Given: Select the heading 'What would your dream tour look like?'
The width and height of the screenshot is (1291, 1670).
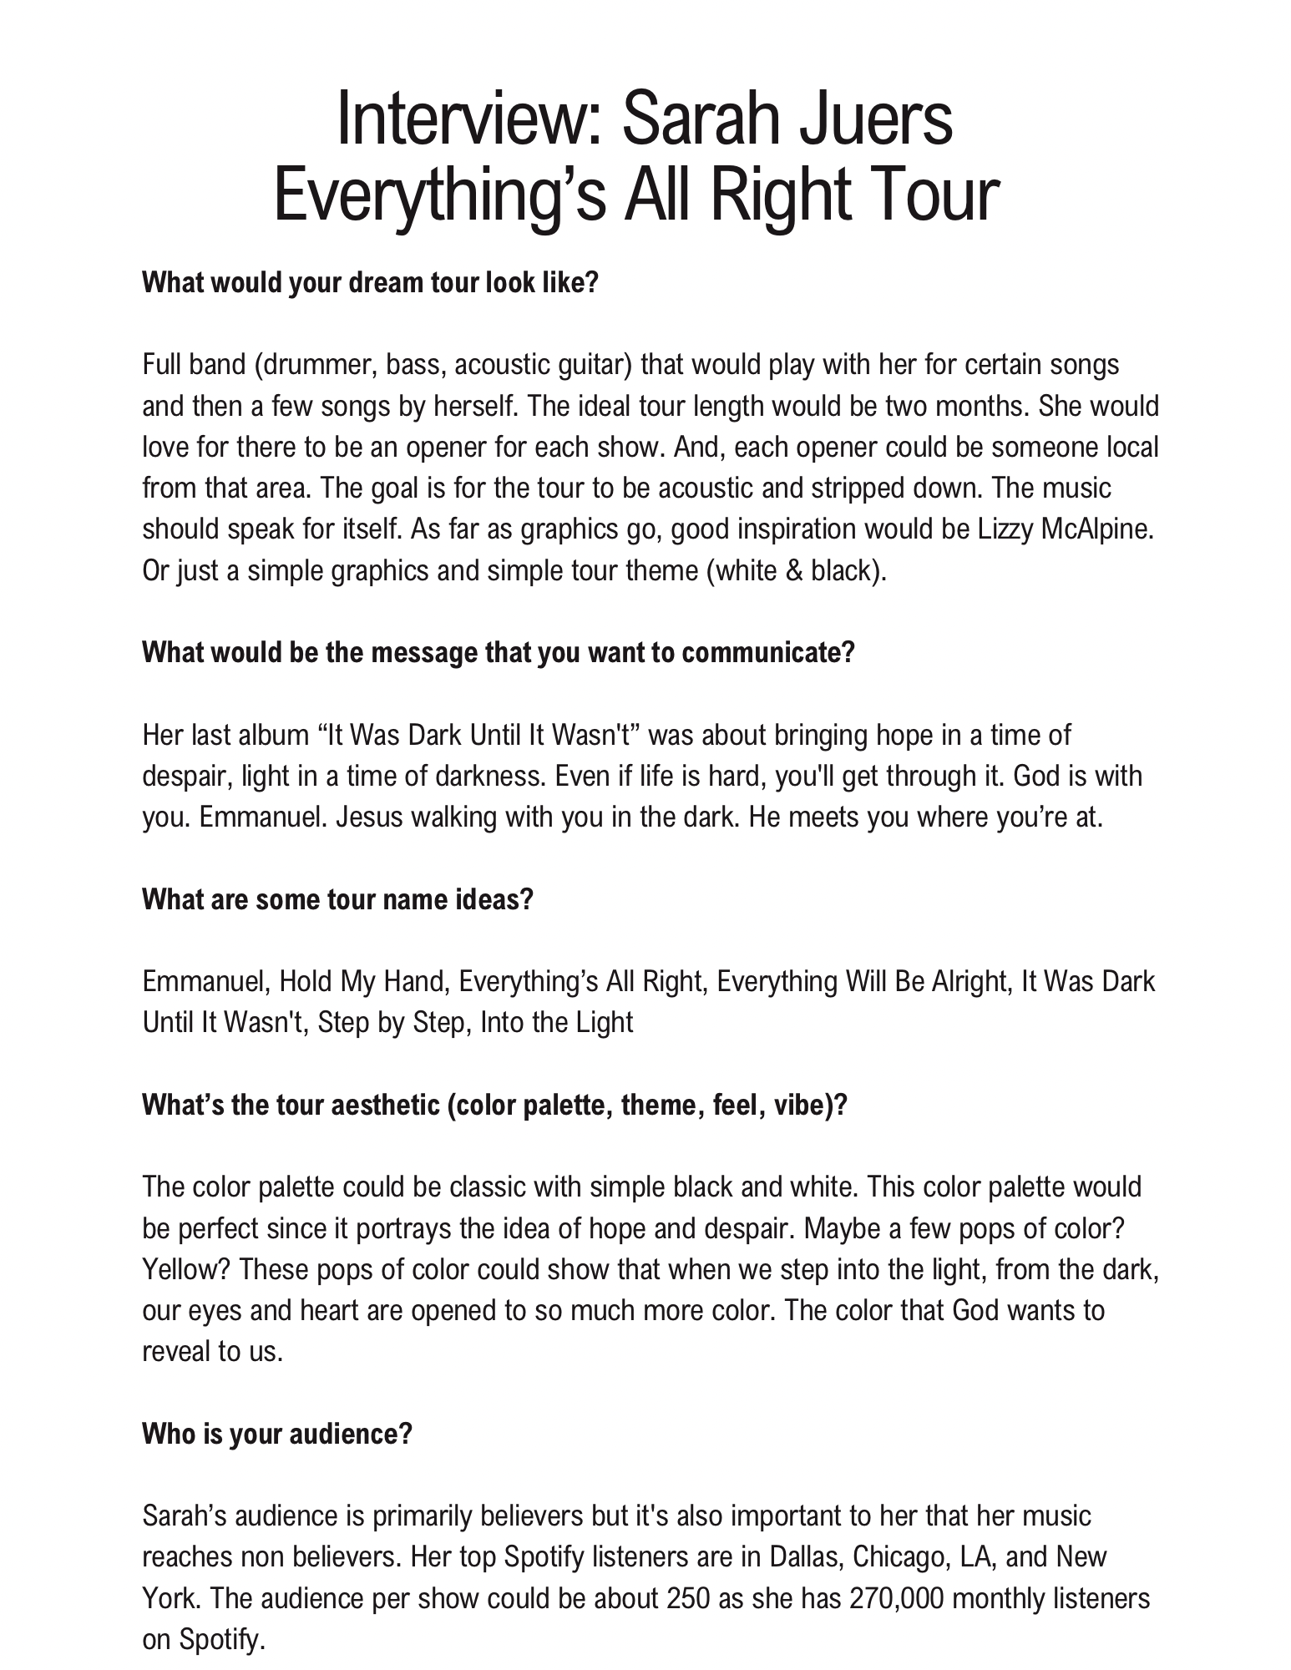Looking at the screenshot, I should [x=371, y=283].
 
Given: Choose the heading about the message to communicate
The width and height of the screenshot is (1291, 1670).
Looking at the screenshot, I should [x=499, y=652].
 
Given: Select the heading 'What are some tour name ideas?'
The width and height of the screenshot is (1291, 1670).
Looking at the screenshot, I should [x=337, y=899].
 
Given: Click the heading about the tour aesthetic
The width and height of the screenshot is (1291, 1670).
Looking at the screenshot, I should [x=494, y=1106].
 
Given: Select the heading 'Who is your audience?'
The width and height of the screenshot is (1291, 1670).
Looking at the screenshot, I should [x=277, y=1435].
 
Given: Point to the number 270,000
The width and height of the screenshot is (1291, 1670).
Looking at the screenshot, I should [x=895, y=1599].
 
